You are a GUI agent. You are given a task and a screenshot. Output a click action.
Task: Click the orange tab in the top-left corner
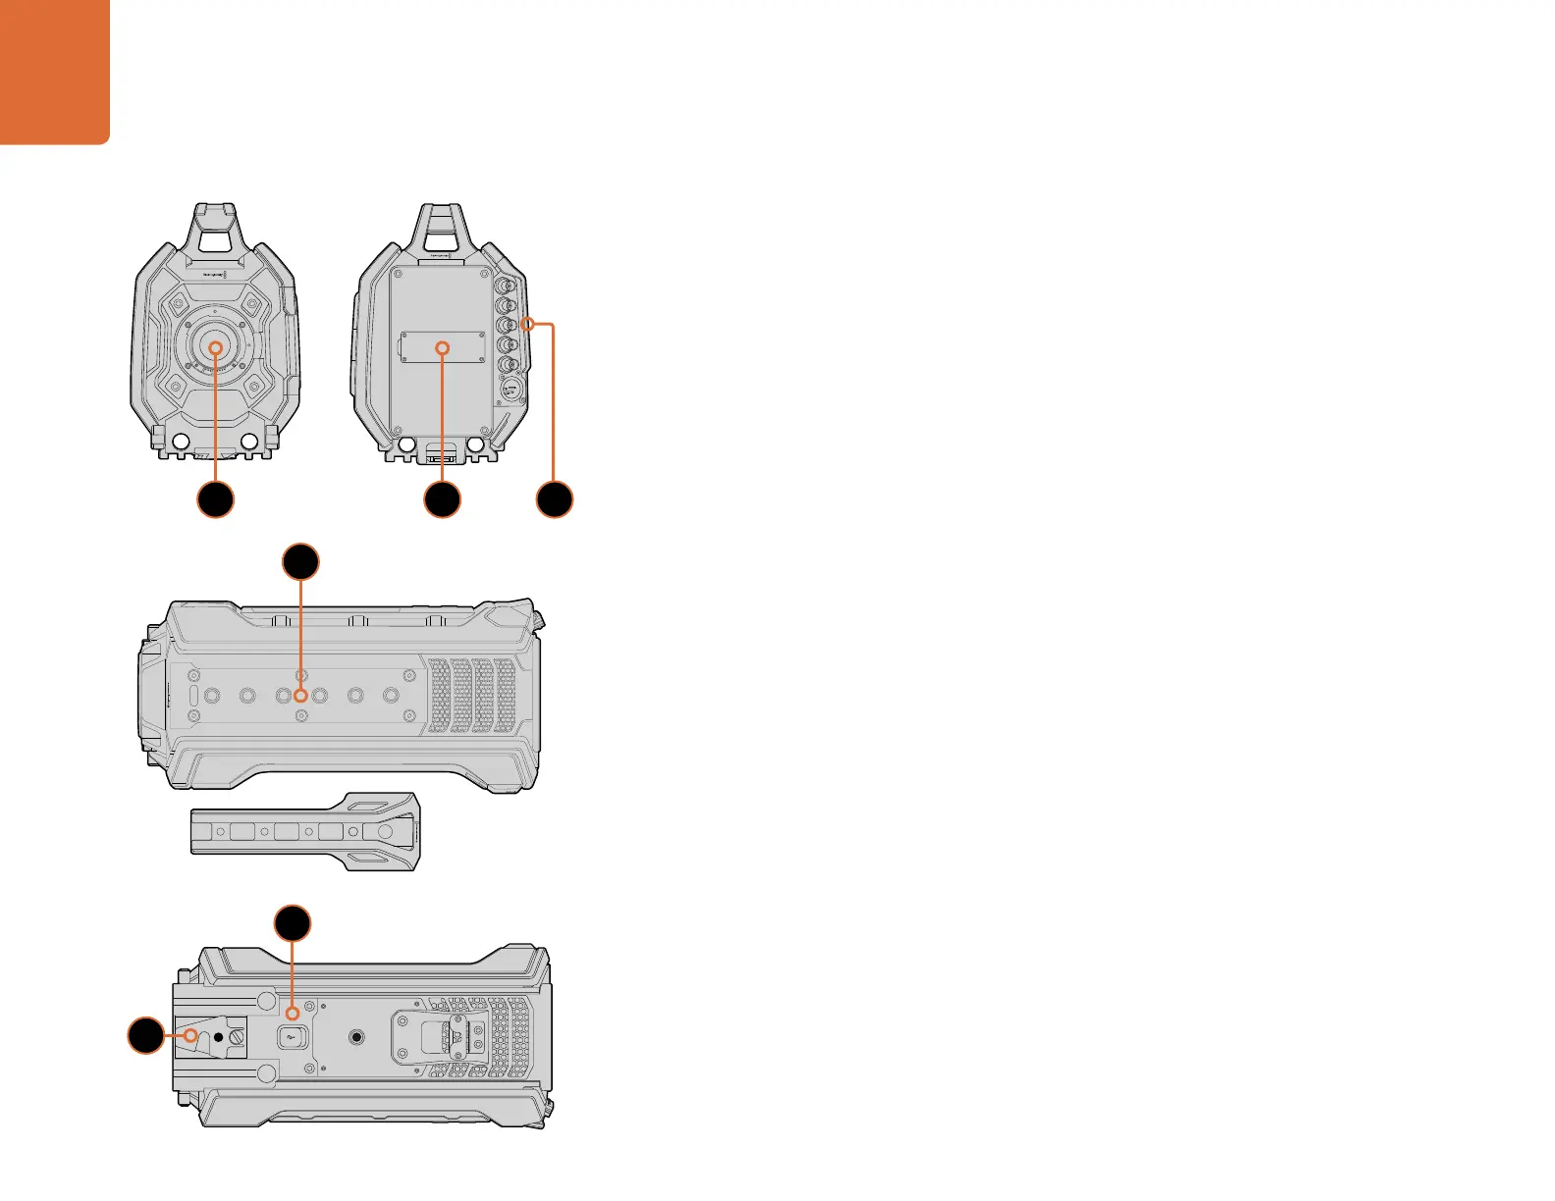click(54, 71)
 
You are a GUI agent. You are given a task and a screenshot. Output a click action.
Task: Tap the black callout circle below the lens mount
click(216, 499)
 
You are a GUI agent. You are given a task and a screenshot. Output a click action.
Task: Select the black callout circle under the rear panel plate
click(442, 499)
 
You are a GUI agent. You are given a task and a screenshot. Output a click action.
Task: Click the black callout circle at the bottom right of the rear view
click(555, 499)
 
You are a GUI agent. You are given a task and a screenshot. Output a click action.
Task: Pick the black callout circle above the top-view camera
click(301, 562)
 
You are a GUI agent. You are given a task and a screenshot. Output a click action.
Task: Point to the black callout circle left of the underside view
click(146, 1035)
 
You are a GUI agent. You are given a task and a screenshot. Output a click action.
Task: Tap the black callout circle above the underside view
click(293, 924)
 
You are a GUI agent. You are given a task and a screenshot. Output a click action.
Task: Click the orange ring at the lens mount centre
click(216, 347)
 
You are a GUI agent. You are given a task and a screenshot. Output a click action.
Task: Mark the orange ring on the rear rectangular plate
click(442, 347)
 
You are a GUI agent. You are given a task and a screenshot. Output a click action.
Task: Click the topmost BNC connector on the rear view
click(508, 287)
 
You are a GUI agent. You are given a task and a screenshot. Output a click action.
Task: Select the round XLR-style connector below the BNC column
click(509, 391)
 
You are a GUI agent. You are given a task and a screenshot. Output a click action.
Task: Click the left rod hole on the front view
click(180, 443)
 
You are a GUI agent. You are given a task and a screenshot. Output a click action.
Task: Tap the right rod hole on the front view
click(249, 443)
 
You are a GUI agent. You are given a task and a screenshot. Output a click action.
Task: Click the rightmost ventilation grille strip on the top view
click(506, 695)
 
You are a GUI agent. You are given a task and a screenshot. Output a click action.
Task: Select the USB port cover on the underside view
click(292, 1035)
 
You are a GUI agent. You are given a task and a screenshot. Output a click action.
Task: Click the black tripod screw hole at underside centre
click(357, 1035)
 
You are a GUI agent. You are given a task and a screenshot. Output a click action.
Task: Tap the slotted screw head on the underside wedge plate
click(239, 1035)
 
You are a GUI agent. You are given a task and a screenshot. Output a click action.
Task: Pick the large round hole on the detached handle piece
click(384, 831)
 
